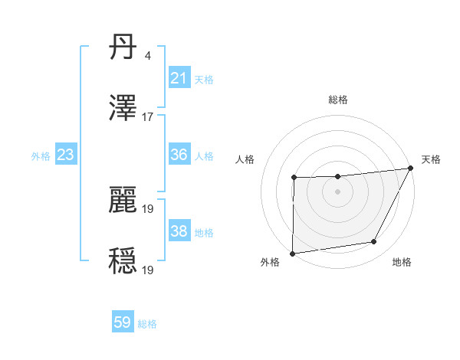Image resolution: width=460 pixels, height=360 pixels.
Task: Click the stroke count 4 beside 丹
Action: pyautogui.click(x=147, y=56)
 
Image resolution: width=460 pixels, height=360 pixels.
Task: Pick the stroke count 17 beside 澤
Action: pyautogui.click(x=148, y=117)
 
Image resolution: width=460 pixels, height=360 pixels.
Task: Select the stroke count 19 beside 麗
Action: pyautogui.click(x=148, y=208)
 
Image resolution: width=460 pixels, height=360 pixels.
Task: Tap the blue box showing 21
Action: pyautogui.click(x=179, y=78)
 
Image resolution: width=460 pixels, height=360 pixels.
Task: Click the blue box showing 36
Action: pyautogui.click(x=179, y=155)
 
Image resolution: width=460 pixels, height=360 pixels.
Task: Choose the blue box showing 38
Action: pyautogui.click(x=179, y=231)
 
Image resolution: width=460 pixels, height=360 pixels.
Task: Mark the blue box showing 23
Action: pyautogui.click(x=66, y=155)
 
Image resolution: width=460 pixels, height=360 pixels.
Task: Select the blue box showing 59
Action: pyautogui.click(x=123, y=322)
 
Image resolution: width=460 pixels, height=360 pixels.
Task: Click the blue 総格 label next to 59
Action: pyautogui.click(x=147, y=324)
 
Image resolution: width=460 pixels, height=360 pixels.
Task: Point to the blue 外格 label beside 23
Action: pyautogui.click(x=41, y=156)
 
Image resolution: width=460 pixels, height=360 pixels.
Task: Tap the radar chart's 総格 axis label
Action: pyautogui.click(x=338, y=100)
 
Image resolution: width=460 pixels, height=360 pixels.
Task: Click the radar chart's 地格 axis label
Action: pyautogui.click(x=402, y=262)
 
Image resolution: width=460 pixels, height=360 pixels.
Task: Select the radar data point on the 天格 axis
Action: pyautogui.click(x=412, y=168)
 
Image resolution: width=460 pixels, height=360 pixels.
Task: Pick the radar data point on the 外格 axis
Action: pyautogui.click(x=292, y=254)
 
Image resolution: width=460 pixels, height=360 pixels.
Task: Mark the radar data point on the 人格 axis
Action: pyautogui.click(x=294, y=178)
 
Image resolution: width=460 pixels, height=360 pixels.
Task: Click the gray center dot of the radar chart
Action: pyautogui.click(x=338, y=191)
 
